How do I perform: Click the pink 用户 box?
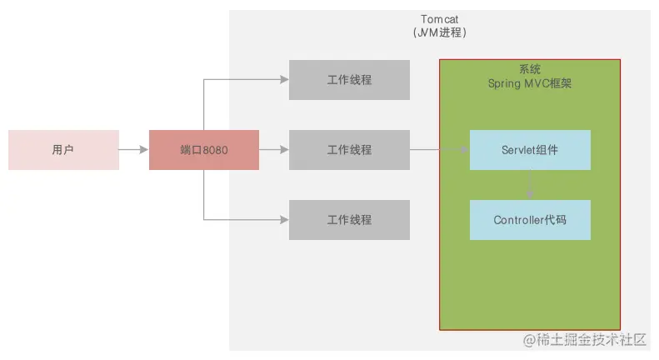click(x=63, y=150)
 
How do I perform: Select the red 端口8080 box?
click(x=204, y=150)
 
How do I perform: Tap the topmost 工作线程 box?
click(x=349, y=80)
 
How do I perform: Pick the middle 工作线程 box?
click(x=349, y=150)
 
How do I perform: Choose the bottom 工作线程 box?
click(x=349, y=220)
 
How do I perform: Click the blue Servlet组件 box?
click(x=530, y=150)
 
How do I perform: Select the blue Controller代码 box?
click(x=530, y=220)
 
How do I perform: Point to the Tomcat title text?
click(x=439, y=19)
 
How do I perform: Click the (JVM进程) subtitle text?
click(x=439, y=33)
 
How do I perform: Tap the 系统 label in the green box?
click(x=530, y=70)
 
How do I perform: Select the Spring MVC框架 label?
click(x=530, y=84)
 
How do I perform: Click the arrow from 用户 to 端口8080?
click(x=133, y=150)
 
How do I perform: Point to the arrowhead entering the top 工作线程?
click(x=284, y=80)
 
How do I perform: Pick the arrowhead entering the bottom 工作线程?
click(x=284, y=220)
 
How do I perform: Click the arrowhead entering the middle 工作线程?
click(x=284, y=150)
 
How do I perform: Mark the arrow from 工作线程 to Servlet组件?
click(x=439, y=150)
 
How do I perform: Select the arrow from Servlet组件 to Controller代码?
click(x=530, y=185)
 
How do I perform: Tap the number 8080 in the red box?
click(x=215, y=150)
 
